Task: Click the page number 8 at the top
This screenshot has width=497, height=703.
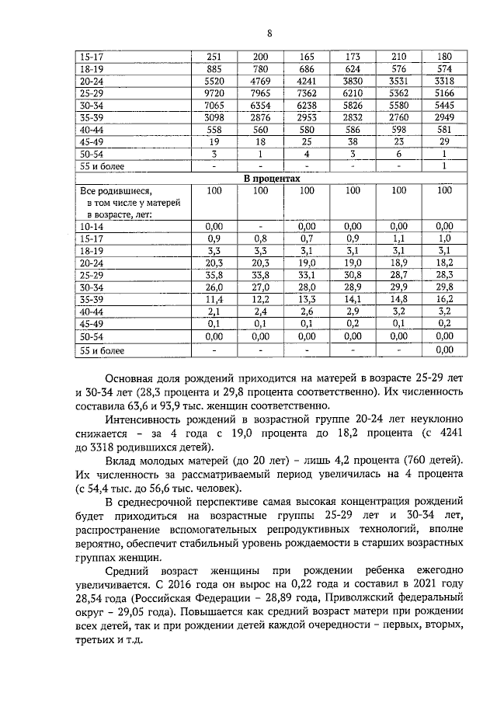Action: [269, 33]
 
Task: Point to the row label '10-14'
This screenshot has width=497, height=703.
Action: [87, 224]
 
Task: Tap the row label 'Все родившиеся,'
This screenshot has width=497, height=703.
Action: [110, 190]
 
